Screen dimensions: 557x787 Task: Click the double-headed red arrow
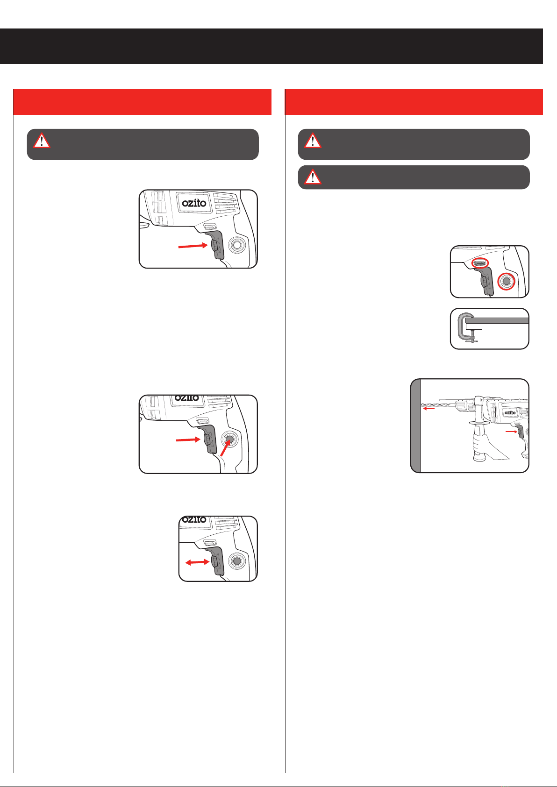(x=197, y=562)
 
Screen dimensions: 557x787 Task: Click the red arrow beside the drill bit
(x=429, y=408)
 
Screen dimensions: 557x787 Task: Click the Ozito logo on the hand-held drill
(x=510, y=412)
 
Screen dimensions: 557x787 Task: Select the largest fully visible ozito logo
(x=194, y=203)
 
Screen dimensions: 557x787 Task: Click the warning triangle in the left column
(x=42, y=141)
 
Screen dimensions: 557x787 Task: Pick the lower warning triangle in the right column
(x=313, y=177)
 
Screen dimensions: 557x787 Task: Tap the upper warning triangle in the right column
(x=313, y=141)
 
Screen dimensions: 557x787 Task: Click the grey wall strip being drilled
(x=416, y=425)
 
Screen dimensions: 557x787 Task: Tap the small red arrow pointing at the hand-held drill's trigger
(x=511, y=432)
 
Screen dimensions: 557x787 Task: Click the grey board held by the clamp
(x=497, y=320)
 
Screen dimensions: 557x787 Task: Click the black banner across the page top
(x=271, y=46)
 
